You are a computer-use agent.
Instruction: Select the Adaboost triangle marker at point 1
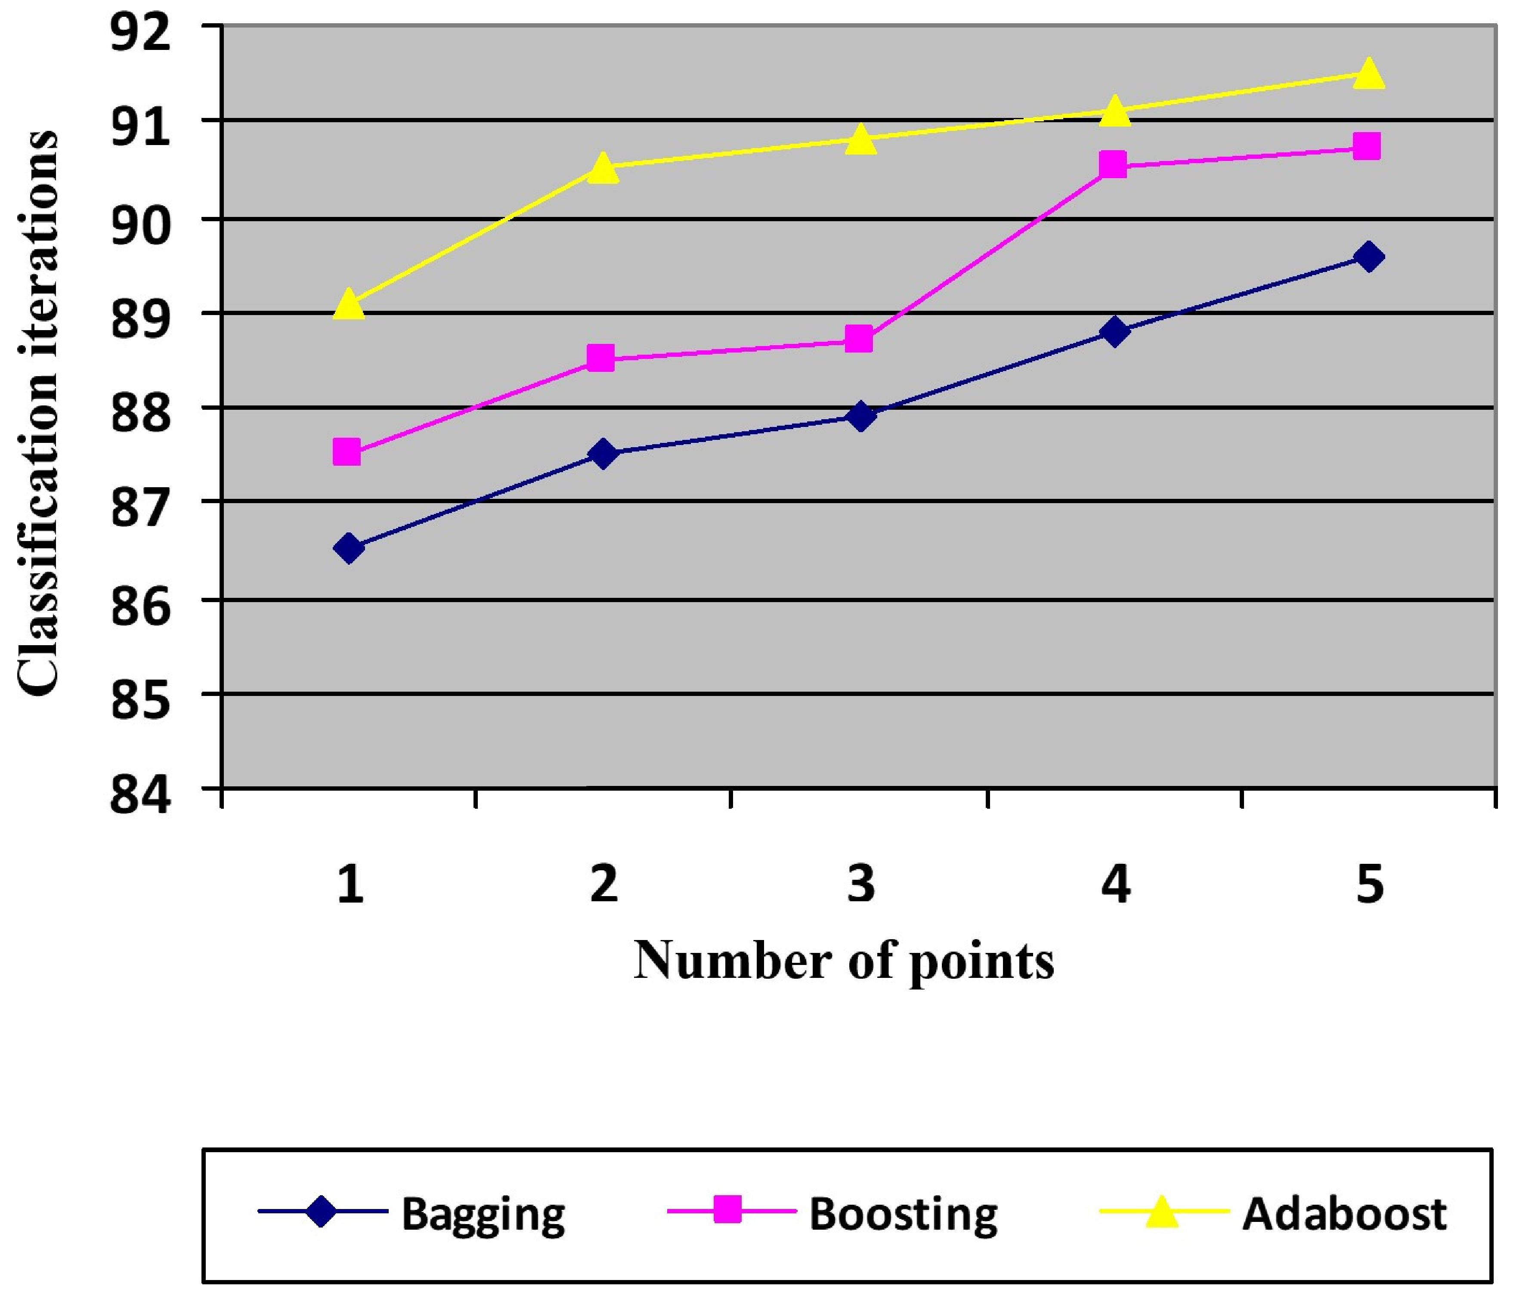click(349, 304)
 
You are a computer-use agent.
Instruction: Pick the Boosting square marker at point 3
click(859, 340)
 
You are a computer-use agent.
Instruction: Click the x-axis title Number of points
click(844, 962)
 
